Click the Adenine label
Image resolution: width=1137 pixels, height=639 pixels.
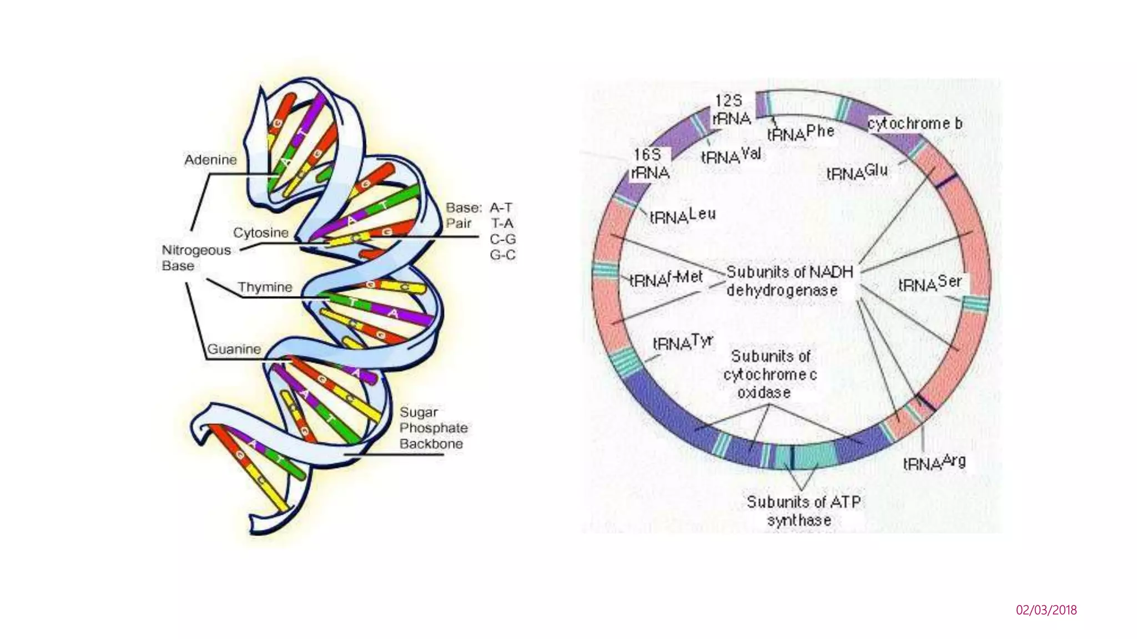pos(210,160)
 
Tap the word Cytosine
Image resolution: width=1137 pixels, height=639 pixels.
pos(260,232)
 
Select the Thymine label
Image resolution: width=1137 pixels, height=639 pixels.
pos(265,287)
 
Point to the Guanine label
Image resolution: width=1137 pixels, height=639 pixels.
pos(234,349)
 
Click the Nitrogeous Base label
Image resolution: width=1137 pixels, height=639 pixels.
pos(188,258)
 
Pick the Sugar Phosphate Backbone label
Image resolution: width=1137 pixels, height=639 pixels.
pos(433,428)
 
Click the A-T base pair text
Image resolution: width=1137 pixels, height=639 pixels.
pos(501,208)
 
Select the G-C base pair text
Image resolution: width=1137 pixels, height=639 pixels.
pos(502,255)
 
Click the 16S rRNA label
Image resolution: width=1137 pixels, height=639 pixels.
pos(650,164)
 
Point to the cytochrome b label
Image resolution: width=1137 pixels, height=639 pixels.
pos(915,123)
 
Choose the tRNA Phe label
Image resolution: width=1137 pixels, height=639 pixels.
pos(800,133)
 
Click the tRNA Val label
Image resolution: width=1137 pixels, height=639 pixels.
pos(731,155)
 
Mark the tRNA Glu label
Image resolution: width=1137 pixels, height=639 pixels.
pos(857,173)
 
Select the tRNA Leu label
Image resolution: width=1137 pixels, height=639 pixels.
pos(682,216)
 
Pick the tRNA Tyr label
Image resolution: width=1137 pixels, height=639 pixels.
pos(682,343)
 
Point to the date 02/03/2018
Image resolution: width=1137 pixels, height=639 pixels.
pos(1046,610)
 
